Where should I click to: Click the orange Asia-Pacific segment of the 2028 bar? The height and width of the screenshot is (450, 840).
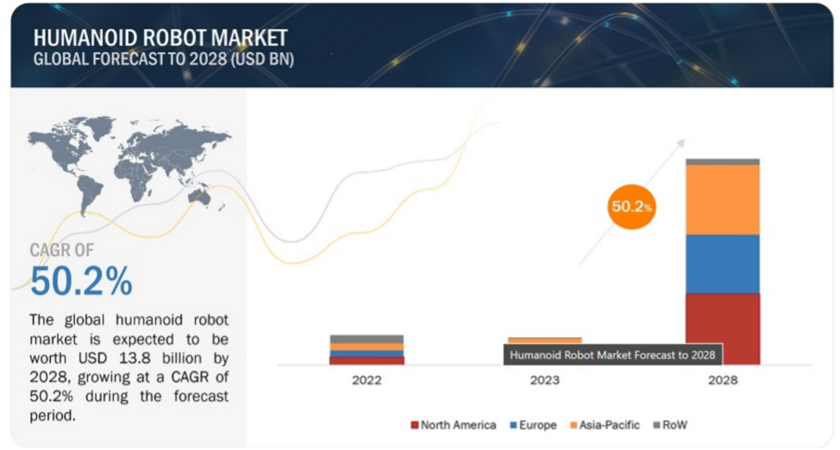pos(723,199)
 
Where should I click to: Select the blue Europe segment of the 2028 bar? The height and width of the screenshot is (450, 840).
pos(723,264)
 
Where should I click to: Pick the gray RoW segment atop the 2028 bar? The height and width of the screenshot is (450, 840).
pos(723,162)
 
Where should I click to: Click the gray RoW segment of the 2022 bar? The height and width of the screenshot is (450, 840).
pos(367,339)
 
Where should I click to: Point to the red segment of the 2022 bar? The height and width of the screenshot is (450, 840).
pos(367,360)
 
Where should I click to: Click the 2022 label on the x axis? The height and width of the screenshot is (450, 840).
pos(367,380)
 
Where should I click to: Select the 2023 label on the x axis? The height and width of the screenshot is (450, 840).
pos(545,380)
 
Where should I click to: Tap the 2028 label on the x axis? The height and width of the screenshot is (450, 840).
pos(723,380)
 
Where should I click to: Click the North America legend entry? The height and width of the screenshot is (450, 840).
pos(454,425)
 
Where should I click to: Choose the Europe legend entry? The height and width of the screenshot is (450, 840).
pos(533,425)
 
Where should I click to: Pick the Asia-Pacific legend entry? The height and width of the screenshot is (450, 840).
pos(605,425)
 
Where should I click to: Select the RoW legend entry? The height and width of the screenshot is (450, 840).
pos(670,425)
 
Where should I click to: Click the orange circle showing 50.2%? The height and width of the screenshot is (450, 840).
pos(631,207)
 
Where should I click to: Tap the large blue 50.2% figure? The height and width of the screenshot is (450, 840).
pos(81,281)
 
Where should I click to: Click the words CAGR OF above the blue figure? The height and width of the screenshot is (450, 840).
pos(61,250)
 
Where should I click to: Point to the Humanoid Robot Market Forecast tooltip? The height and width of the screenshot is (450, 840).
pos(613,354)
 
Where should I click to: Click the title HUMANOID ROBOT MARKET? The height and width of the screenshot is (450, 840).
pos(160,38)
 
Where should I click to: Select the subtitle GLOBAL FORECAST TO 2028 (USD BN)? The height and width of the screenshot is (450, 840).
pos(163,59)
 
